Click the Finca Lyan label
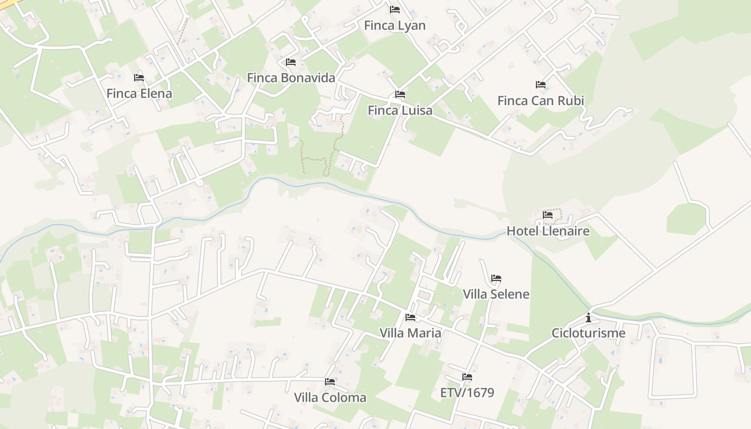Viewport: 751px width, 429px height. point(395,25)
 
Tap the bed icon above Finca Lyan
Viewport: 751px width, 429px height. point(395,10)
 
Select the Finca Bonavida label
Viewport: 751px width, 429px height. point(291,78)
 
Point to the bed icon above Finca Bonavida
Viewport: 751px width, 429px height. point(291,62)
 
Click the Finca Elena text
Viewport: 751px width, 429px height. point(139,93)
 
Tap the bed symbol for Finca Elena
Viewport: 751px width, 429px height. point(139,78)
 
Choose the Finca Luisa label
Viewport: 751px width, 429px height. point(400,110)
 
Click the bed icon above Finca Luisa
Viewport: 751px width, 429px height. point(400,94)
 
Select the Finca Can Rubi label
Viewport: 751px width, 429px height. point(541,100)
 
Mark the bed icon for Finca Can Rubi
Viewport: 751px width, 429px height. point(541,85)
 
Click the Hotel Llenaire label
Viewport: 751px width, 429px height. point(548,231)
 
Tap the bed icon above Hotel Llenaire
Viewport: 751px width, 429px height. point(548,215)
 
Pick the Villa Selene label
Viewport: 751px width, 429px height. point(496,294)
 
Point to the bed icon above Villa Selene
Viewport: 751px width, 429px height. point(496,278)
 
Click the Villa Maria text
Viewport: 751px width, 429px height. point(410,333)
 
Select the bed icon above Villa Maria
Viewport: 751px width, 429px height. point(410,317)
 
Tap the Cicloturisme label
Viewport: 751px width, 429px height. point(588,333)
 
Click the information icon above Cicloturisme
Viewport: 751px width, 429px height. point(588,317)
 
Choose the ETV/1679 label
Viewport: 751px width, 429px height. point(467,393)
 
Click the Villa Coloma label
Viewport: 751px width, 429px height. point(330,397)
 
